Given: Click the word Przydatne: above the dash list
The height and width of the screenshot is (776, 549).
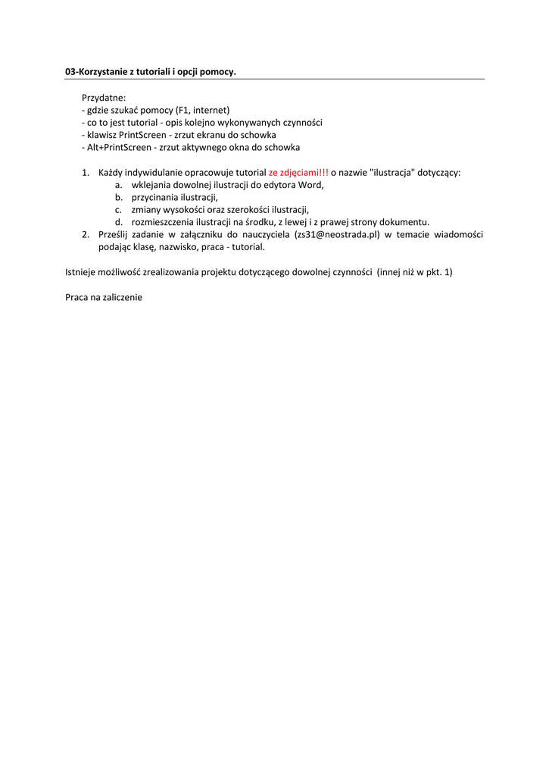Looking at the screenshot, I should [x=104, y=98].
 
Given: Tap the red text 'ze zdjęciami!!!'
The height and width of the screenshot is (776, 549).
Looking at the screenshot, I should [x=298, y=172].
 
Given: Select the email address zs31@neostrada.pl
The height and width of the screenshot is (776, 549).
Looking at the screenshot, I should [x=336, y=235].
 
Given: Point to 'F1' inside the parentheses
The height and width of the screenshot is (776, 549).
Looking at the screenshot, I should [x=182, y=110].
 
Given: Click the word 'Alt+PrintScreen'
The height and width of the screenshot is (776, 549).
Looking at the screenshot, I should [x=117, y=147].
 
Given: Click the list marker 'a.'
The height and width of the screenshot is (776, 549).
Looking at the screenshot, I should [x=119, y=185].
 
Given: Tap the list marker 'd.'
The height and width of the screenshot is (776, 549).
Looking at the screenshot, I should [x=119, y=222].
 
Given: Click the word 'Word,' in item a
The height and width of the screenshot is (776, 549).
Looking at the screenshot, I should [x=311, y=185].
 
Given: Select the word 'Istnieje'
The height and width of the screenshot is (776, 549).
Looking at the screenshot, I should [x=82, y=272].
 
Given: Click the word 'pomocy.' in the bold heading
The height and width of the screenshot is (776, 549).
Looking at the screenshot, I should [x=220, y=72].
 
